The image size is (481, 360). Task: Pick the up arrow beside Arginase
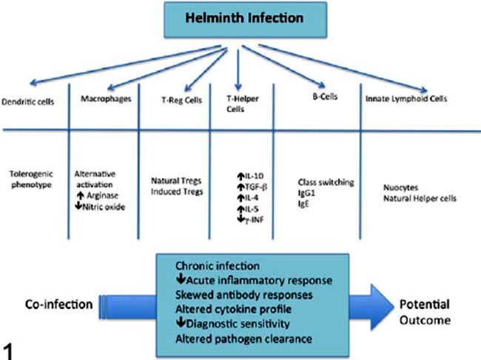click(x=78, y=196)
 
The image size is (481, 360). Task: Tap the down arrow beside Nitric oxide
click(x=78, y=207)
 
